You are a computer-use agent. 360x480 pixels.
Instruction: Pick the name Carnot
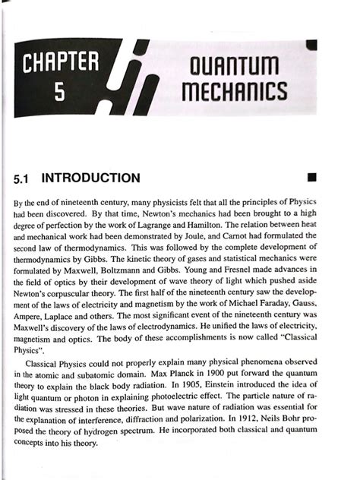click(254, 238)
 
